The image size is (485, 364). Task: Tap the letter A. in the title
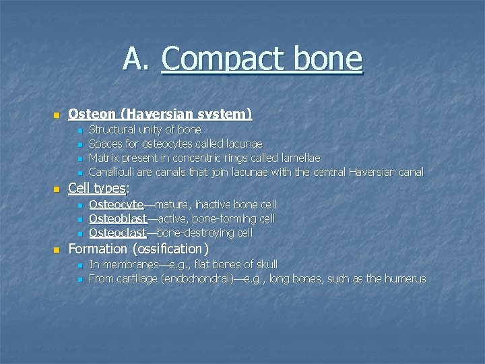coord(137,59)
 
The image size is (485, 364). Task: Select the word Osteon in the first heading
coord(87,113)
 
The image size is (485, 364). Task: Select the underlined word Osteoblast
coord(118,218)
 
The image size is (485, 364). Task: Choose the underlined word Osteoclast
coord(117,233)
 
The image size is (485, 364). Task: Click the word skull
coord(264,264)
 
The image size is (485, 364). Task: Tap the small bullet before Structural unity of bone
coord(79,130)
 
